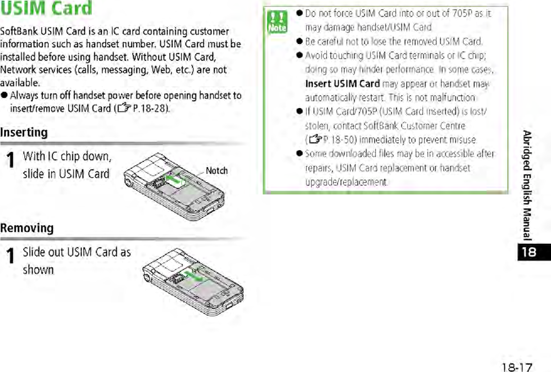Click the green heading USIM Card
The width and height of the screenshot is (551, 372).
point(47,9)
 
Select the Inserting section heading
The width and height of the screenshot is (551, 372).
point(24,133)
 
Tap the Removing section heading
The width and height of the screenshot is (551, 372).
point(27,228)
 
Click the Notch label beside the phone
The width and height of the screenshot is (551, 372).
point(216,170)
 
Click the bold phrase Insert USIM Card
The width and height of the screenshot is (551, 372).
point(342,84)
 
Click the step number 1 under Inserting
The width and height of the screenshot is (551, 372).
point(10,161)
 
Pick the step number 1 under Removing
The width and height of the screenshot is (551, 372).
point(10,257)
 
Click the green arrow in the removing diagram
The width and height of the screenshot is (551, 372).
point(196,275)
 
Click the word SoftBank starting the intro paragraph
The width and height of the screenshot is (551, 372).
point(19,31)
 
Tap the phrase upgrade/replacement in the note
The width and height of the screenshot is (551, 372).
point(346,182)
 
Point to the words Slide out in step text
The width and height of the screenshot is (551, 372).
point(44,252)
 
